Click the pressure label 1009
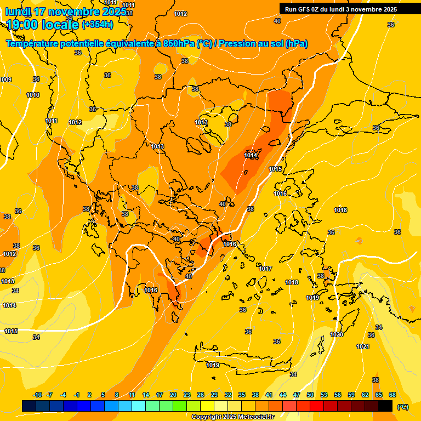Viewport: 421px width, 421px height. point(5,80)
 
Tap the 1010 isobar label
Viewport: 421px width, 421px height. point(33,95)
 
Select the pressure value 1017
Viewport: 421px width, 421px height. point(266,269)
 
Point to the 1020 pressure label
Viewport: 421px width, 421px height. point(337,334)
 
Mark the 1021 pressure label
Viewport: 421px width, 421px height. point(363,346)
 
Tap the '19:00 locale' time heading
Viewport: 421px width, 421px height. point(42,24)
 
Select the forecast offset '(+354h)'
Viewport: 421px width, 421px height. point(98,24)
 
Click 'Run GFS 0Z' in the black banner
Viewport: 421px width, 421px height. point(304,9)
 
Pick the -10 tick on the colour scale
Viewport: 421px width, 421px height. point(37,395)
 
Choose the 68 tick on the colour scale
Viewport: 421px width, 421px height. point(392,395)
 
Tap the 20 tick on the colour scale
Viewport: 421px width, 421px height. point(173,395)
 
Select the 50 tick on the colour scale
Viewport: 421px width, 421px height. point(310,395)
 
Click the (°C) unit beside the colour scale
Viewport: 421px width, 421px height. point(403,407)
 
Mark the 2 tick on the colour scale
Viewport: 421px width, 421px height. point(90,395)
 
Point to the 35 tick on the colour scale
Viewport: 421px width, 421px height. point(242,395)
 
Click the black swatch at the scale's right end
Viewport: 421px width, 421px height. point(385,406)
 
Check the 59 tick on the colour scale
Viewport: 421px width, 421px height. point(351,395)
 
